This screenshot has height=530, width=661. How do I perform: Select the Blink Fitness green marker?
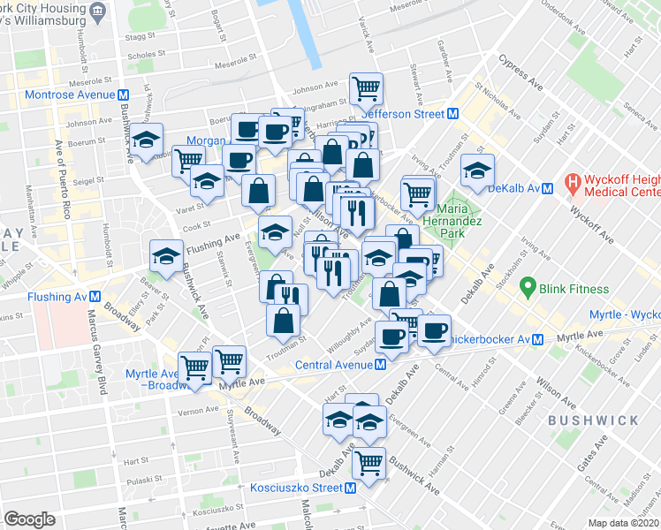click(528, 287)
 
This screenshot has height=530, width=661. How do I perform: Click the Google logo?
click(29, 519)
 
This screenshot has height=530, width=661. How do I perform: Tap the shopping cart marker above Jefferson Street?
click(366, 87)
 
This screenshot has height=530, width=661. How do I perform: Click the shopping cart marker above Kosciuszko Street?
click(368, 460)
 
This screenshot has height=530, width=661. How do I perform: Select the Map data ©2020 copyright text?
click(624, 523)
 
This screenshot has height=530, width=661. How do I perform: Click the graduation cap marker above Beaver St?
click(166, 255)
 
